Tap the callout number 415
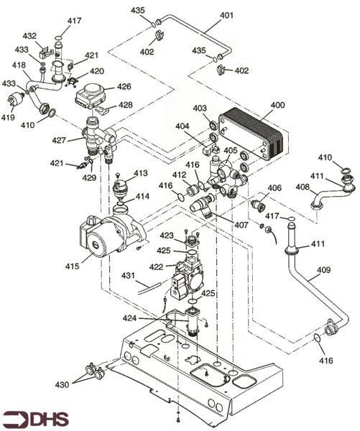point(73,266)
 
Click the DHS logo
point(35,420)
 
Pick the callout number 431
point(128,275)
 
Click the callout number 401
point(226,15)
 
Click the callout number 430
point(62,384)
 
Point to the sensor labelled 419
point(14,100)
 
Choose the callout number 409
point(323,269)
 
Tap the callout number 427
point(59,141)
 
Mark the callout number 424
point(129,318)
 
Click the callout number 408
point(303,187)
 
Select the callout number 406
point(274,187)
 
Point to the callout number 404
point(183,126)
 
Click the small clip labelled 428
point(102,109)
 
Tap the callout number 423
point(167,236)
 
